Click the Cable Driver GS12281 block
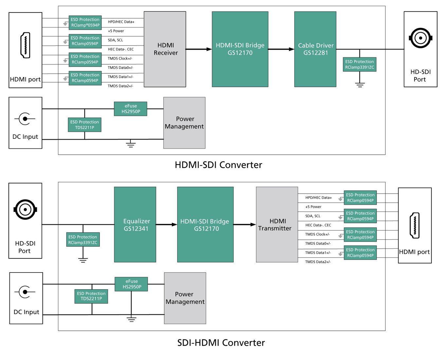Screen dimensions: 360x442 [315, 49]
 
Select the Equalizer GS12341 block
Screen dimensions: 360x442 [135, 224]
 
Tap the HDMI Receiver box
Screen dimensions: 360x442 [165, 49]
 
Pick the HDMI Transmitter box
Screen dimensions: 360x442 [277, 224]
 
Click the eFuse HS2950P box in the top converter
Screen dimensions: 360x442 [131, 109]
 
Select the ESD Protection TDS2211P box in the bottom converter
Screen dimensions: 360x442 [91, 296]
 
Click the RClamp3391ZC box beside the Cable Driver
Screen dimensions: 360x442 [359, 64]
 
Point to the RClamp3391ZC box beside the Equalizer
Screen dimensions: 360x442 [83, 240]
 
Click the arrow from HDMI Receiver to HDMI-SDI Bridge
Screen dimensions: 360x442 [199, 49]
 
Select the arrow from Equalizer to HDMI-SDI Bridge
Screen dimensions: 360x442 [166, 224]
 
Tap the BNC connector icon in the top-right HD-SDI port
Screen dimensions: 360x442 [420, 38]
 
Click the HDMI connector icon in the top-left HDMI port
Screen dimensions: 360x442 [25, 45]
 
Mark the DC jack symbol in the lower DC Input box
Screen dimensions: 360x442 [25, 292]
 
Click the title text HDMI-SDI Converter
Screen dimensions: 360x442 [218, 165]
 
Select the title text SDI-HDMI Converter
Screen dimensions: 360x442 [221, 343]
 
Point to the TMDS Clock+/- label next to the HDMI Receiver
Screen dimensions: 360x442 [120, 58]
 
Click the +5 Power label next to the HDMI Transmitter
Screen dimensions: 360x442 [313, 207]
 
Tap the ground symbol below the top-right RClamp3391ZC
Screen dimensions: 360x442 [360, 85]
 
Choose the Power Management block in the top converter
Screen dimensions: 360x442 [184, 123]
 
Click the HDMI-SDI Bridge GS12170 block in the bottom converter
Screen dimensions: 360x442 [205, 224]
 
